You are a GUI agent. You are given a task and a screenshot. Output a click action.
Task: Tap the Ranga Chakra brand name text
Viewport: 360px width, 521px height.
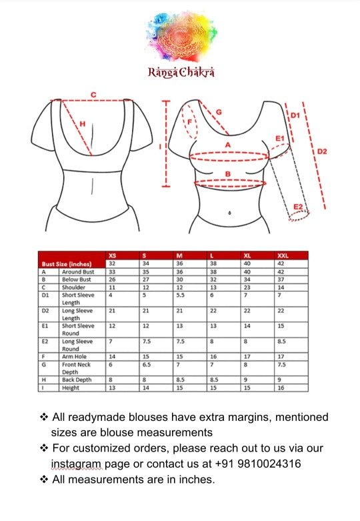(181, 72)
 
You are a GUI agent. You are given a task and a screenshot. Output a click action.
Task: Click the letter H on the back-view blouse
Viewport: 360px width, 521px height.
(83, 123)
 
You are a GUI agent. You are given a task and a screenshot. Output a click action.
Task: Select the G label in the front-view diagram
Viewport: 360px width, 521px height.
(218, 112)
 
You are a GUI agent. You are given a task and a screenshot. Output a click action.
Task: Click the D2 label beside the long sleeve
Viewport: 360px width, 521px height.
(321, 151)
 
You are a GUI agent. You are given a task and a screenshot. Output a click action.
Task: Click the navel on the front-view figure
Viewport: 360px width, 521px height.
(229, 213)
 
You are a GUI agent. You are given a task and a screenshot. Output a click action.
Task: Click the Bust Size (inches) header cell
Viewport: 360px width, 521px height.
(64, 264)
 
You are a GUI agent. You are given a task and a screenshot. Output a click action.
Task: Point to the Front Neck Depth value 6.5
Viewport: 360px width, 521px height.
(147, 365)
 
